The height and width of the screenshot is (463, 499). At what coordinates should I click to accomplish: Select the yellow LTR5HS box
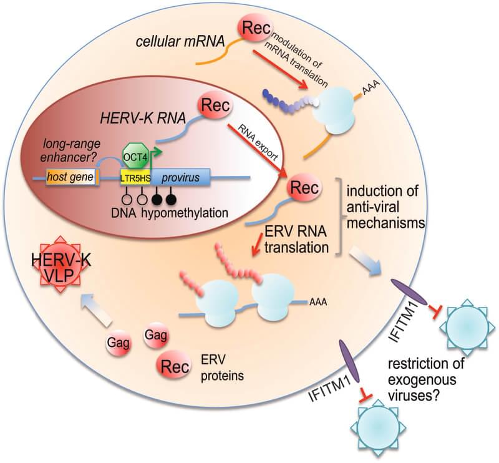tap(137, 178)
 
